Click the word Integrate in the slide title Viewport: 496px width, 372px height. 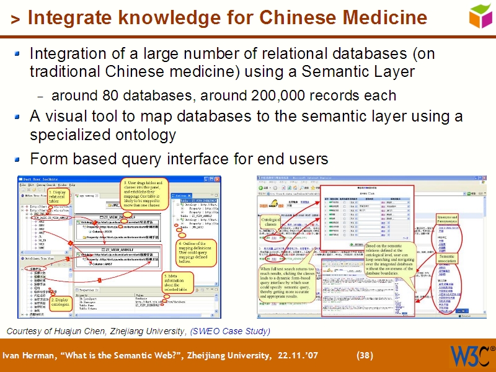[68, 17]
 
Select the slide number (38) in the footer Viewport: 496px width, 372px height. [365, 355]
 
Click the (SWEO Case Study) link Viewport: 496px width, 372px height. [230, 331]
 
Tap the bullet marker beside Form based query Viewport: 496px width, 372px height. [19, 158]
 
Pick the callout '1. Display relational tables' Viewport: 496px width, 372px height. [58, 197]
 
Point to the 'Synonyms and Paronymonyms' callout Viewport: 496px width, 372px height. [447, 220]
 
